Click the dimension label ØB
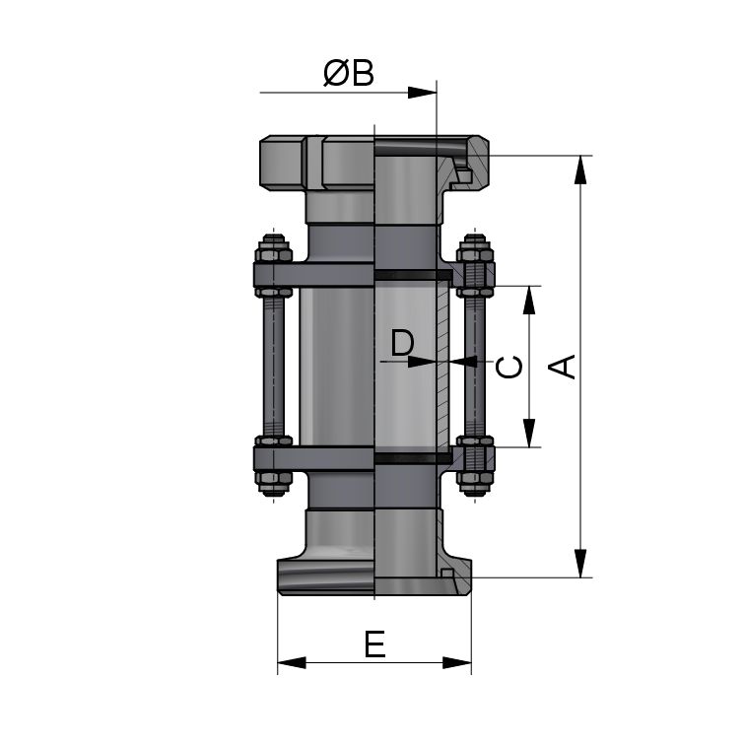point(349,73)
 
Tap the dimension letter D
point(402,343)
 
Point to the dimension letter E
point(374,644)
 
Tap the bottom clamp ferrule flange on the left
point(325,576)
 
